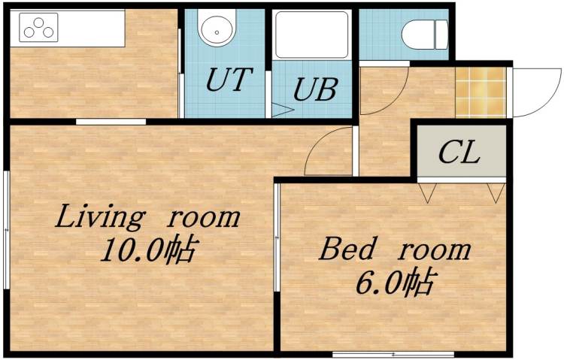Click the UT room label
[227, 80]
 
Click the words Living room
[148, 217]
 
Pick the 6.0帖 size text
[394, 283]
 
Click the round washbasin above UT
[216, 31]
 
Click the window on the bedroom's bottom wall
[364, 353]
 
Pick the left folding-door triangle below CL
[427, 194]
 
